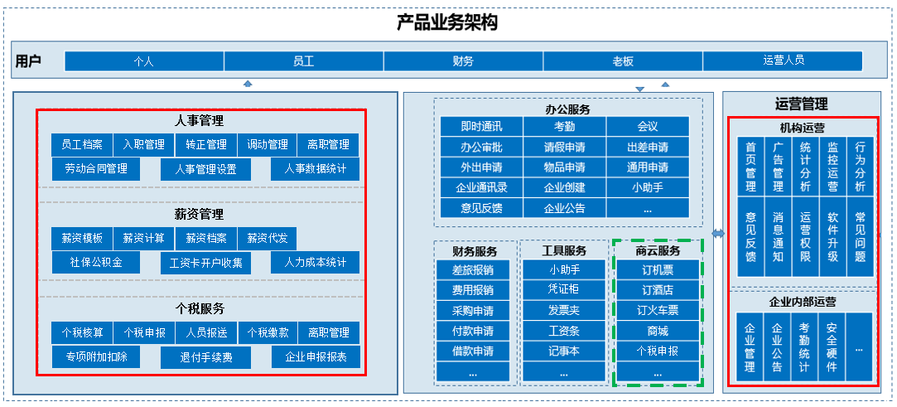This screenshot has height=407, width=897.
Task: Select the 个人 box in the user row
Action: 144,61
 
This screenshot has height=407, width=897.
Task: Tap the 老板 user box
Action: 623,61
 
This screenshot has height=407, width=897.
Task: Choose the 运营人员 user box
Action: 783,61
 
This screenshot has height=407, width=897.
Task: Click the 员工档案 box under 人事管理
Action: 82,145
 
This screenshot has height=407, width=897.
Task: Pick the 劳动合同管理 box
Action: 95,169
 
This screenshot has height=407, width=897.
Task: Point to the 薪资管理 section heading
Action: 199,215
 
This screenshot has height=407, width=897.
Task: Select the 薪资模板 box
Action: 82,239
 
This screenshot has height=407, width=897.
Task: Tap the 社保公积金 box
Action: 96,263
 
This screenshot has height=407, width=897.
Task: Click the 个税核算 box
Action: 82,332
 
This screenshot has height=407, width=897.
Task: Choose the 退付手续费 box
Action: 206,358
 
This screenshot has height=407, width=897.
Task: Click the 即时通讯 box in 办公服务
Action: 482,127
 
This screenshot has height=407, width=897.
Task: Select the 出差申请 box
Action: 648,147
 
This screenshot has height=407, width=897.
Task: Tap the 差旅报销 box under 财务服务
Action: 473,269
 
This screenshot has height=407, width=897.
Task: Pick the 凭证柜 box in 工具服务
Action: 564,289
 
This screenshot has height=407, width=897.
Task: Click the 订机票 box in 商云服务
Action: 658,269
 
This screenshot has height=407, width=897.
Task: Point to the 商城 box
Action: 658,330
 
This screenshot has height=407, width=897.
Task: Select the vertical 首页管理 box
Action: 750,167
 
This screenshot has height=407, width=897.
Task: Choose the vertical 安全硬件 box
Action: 832,346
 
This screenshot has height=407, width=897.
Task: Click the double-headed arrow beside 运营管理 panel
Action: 718,234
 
